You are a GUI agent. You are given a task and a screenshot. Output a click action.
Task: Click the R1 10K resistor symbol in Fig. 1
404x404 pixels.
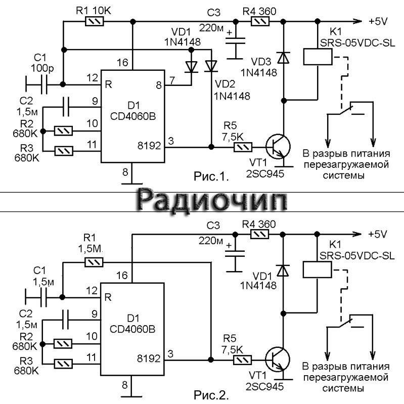(95, 21)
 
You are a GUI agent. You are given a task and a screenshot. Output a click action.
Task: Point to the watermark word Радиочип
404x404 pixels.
(213, 200)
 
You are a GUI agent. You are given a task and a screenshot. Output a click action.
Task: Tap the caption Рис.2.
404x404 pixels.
(211, 393)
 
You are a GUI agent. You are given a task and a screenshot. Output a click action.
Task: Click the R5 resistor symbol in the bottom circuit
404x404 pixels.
(243, 360)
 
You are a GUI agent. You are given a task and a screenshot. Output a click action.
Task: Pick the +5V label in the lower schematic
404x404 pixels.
(378, 235)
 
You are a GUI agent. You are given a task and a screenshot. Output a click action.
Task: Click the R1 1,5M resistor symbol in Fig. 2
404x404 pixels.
(95, 262)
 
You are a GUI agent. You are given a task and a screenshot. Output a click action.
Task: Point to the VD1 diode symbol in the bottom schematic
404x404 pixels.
(284, 271)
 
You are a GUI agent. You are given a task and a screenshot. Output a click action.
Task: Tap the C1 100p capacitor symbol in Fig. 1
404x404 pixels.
(42, 83)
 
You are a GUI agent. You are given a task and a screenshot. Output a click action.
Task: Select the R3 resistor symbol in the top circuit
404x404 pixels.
(64, 150)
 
